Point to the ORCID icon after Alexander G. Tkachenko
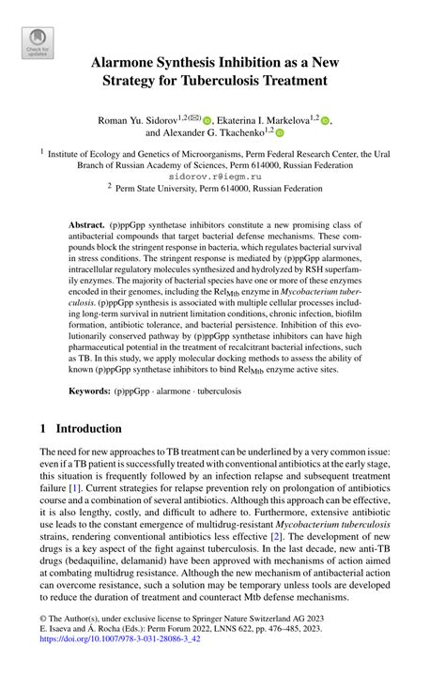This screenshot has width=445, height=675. pyautogui.click(x=279, y=134)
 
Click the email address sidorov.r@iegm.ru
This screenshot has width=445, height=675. pyautogui.click(x=222, y=175)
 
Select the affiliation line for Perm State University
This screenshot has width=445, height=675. pyautogui.click(x=228, y=188)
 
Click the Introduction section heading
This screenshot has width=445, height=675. pyautogui.click(x=90, y=429)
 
